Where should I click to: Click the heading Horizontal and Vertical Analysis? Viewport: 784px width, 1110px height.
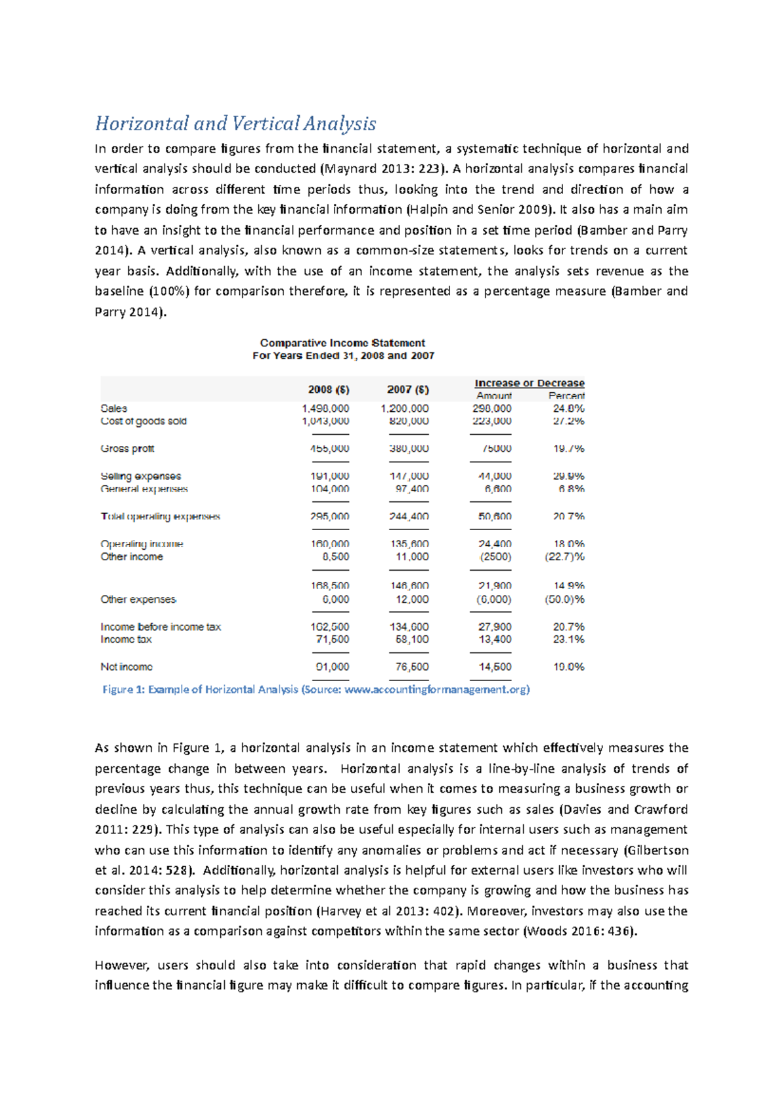pos(235,124)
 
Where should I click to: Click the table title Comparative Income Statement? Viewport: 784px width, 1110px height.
pos(342,343)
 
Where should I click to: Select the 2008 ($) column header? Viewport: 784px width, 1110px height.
pos(329,390)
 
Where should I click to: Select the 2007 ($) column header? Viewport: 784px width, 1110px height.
pos(408,390)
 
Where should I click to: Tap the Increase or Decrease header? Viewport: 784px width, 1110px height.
pos(529,383)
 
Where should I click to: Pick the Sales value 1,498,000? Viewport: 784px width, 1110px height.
pos(325,408)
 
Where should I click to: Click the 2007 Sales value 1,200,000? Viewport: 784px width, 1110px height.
pos(404,408)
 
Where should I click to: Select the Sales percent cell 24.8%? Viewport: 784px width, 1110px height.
pos(568,408)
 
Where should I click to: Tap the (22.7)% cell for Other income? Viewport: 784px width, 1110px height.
pos(564,557)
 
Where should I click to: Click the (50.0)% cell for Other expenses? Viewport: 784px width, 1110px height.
pos(564,599)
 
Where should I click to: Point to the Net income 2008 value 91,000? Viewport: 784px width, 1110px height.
pos(332,667)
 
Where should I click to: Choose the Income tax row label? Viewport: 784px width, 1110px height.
pos(126,639)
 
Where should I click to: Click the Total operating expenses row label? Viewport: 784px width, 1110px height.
pos(160,516)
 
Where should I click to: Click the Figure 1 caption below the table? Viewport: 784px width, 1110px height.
pos(316,689)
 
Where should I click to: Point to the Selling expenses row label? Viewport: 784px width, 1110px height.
pos(140,476)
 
